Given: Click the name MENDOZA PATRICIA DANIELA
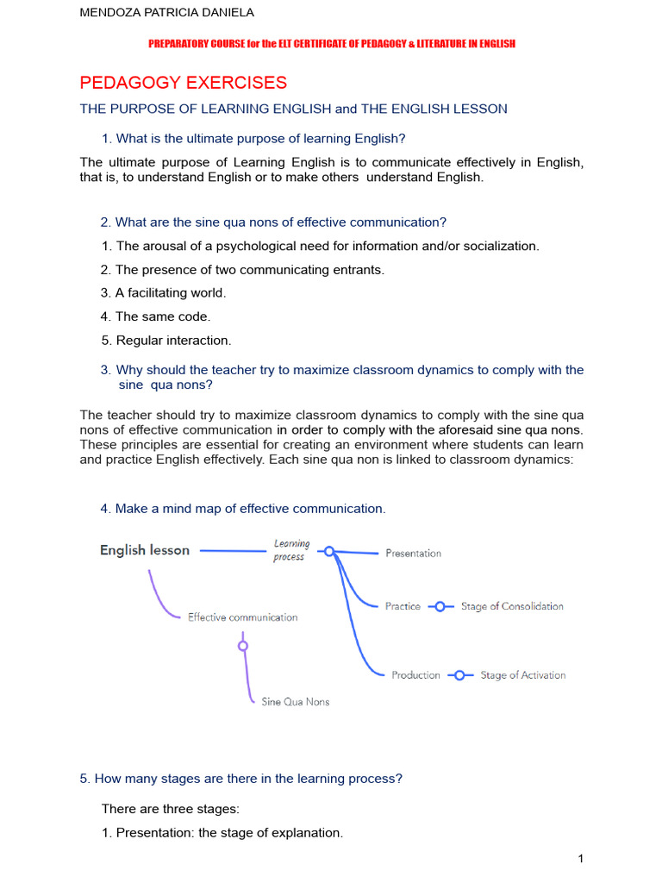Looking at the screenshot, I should point(166,13).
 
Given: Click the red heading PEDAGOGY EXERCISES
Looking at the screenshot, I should point(183,83).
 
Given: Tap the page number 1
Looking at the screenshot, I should point(581,858).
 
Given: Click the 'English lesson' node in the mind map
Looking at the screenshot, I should point(145,550).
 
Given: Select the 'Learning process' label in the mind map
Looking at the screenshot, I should point(291,550).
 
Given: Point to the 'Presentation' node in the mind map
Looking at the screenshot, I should point(413,554).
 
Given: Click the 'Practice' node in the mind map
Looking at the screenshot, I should point(403,606).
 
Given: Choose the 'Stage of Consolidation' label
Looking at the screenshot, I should point(512,606).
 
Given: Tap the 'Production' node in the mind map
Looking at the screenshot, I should point(415,675).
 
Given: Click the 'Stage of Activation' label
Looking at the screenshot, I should point(522,675).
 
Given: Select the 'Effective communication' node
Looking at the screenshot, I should point(242,617).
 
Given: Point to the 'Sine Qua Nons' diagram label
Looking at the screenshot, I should point(295,702).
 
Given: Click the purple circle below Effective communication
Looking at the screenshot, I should point(243,645).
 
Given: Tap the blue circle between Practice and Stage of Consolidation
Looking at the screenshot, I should point(440,606).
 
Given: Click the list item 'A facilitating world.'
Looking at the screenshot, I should point(163,293).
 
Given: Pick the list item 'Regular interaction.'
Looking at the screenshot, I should point(165,341).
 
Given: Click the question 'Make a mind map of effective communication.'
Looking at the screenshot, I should point(243,509).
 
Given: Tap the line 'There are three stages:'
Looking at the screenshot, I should point(171,809).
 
